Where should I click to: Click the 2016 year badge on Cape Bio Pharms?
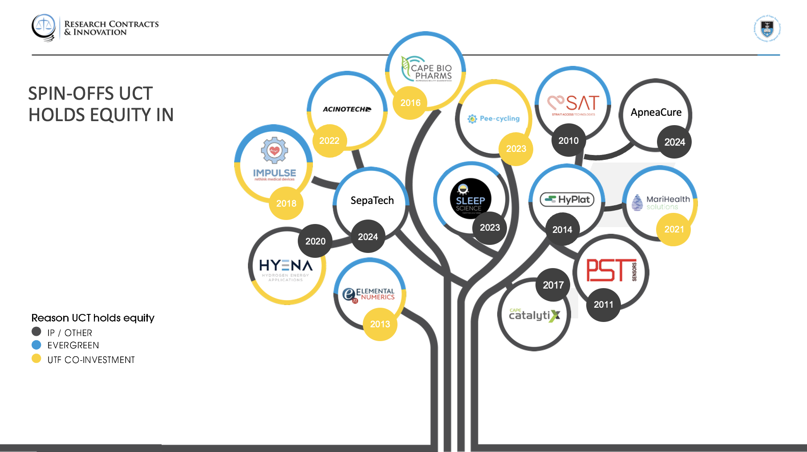coord(410,103)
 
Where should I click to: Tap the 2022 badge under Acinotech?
coord(329,141)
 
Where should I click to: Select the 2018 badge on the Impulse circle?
coord(286,204)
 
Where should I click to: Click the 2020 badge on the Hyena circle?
coord(315,241)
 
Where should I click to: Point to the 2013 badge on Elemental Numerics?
coord(380,324)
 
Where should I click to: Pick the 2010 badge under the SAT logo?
coord(568,141)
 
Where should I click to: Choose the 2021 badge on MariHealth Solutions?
coord(674,229)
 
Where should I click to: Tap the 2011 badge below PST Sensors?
coord(603,305)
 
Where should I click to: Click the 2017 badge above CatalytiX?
coord(553,285)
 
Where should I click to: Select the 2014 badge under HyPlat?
coord(562,230)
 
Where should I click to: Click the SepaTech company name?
coord(372,200)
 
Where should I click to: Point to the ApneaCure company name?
coord(656,113)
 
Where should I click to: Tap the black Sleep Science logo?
coord(470,199)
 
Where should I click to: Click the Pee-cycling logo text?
coord(499,118)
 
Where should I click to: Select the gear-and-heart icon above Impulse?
coord(274,150)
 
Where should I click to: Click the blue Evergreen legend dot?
coord(36,345)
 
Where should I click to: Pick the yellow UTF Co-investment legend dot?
coord(36,359)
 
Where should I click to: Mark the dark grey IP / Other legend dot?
coord(36,332)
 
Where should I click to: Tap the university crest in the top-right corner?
coord(767,29)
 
